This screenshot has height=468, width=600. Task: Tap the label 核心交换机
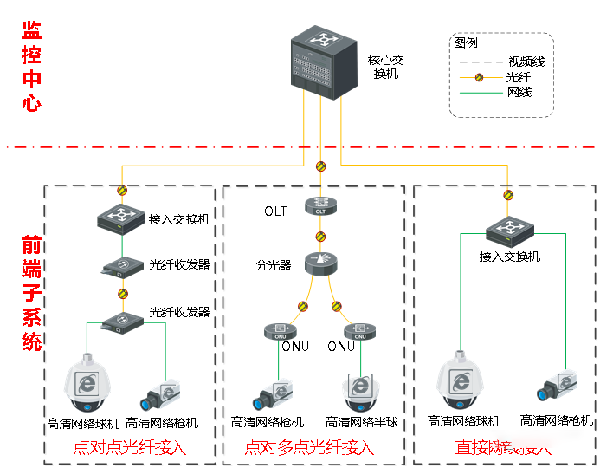tap(386, 68)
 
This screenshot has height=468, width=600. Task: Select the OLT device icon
tap(320, 207)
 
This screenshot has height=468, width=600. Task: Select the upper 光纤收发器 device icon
tap(122, 266)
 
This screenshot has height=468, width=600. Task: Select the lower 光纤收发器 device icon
tap(122, 320)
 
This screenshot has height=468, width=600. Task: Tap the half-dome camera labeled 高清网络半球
tap(361, 393)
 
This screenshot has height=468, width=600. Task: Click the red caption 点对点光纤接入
tap(129, 447)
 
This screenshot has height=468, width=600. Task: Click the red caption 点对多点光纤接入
tap(309, 447)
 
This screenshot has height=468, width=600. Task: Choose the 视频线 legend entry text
tap(526, 62)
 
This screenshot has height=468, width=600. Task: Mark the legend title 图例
tap(465, 42)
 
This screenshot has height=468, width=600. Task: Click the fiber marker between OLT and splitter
tap(320, 236)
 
